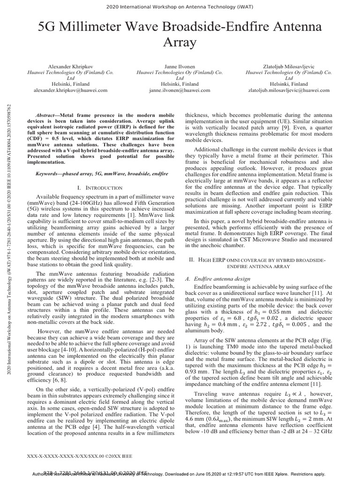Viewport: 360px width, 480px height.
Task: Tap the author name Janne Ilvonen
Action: coord(180,67)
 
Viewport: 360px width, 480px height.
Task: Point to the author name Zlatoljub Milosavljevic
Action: coord(288,67)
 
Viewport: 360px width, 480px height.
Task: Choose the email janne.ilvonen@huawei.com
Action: coord(180,90)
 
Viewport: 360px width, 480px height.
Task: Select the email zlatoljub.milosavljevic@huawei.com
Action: coord(288,90)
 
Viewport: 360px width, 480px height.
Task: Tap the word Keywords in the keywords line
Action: coord(49,173)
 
